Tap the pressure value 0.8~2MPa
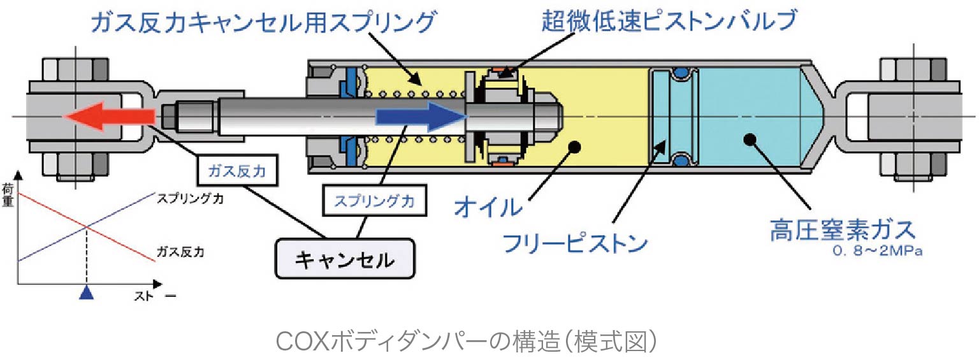click(x=879, y=252)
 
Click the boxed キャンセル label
click(x=344, y=259)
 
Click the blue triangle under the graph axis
click(x=86, y=293)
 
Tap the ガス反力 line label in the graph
click(x=180, y=253)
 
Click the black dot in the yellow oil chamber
click(x=576, y=147)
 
